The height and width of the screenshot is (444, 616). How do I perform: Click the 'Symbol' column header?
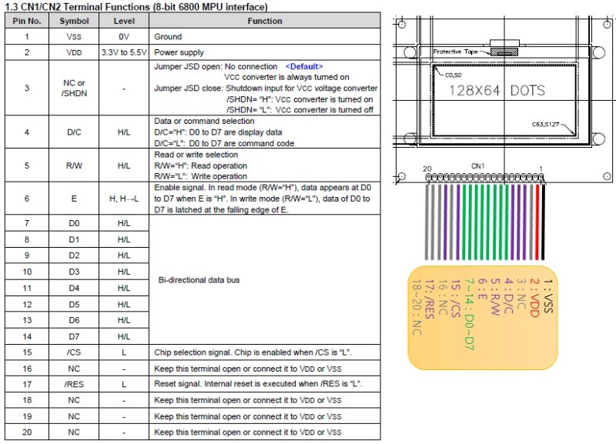pyautogui.click(x=74, y=21)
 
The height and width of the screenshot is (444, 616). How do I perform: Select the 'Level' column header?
pyautogui.click(x=124, y=21)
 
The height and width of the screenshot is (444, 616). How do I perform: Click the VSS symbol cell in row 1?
pyautogui.click(x=74, y=36)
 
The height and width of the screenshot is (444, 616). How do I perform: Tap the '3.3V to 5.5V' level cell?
pyautogui.click(x=124, y=52)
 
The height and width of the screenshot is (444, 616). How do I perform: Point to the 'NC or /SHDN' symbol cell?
pyautogui.click(x=74, y=88)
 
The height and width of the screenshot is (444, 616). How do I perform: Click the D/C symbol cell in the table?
pyautogui.click(x=74, y=132)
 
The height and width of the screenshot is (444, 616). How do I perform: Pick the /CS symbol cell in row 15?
pyautogui.click(x=74, y=352)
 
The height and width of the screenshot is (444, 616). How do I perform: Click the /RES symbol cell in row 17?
pyautogui.click(x=74, y=383)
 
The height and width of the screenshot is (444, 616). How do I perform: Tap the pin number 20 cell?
pyautogui.click(x=27, y=432)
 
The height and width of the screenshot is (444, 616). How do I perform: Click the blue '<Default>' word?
pyautogui.click(x=304, y=67)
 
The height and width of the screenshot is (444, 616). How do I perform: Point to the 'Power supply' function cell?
pyautogui.click(x=179, y=52)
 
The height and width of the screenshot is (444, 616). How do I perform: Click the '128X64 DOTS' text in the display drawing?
pyautogui.click(x=497, y=91)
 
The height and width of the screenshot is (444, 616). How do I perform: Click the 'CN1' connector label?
pyautogui.click(x=477, y=165)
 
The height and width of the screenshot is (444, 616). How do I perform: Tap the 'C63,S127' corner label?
pyautogui.click(x=545, y=125)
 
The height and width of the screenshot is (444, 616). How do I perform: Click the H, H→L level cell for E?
pyautogui.click(x=124, y=199)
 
